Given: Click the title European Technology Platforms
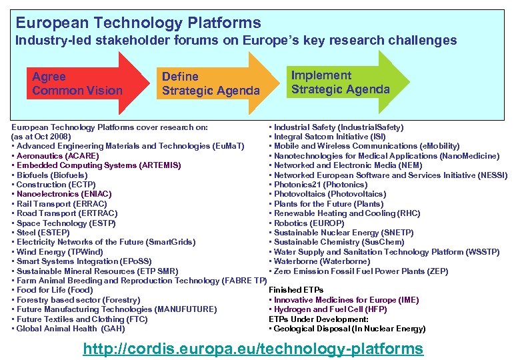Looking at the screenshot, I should (x=138, y=23).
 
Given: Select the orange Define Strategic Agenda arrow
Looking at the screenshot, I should (x=210, y=84).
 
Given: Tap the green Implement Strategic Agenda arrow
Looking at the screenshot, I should (x=340, y=82).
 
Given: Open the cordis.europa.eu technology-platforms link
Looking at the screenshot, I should (x=253, y=348).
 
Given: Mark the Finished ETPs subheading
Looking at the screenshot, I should (x=296, y=290).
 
